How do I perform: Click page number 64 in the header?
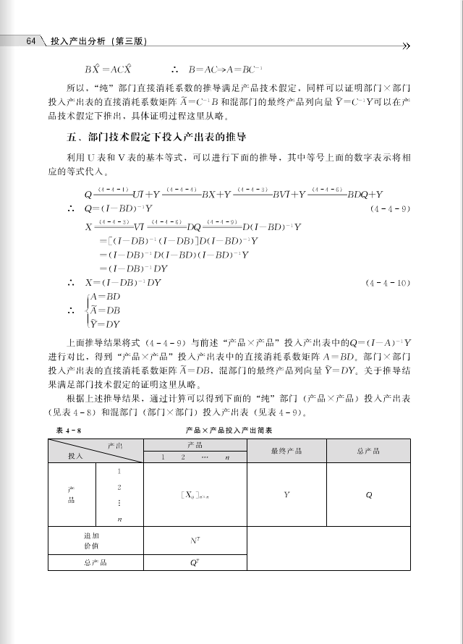click(30, 41)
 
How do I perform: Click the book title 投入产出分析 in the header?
click(76, 42)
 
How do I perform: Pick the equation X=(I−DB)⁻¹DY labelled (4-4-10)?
click(123, 283)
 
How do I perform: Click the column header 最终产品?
click(286, 451)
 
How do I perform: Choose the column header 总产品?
click(368, 451)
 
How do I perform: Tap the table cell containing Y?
click(286, 495)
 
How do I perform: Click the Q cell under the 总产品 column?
click(368, 495)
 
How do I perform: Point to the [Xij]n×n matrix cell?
click(195, 495)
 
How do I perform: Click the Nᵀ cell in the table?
click(195, 540)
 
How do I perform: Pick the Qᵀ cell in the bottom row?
click(195, 562)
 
